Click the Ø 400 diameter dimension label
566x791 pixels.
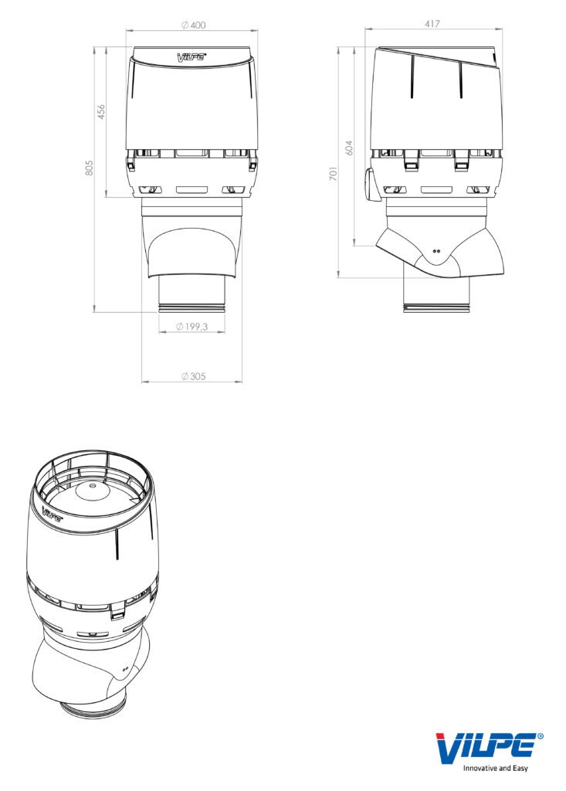pos(193,25)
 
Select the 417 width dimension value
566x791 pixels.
pos(432,24)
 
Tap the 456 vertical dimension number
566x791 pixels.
pos(101,111)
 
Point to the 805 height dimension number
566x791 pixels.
pos(90,168)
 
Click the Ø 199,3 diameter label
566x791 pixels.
pos(191,327)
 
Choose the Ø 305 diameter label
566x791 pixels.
pos(193,376)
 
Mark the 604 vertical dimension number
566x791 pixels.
pos(349,148)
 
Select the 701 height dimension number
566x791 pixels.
pos(333,174)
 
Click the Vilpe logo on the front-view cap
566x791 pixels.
pos(191,57)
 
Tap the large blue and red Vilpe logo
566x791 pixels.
pos(486,748)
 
